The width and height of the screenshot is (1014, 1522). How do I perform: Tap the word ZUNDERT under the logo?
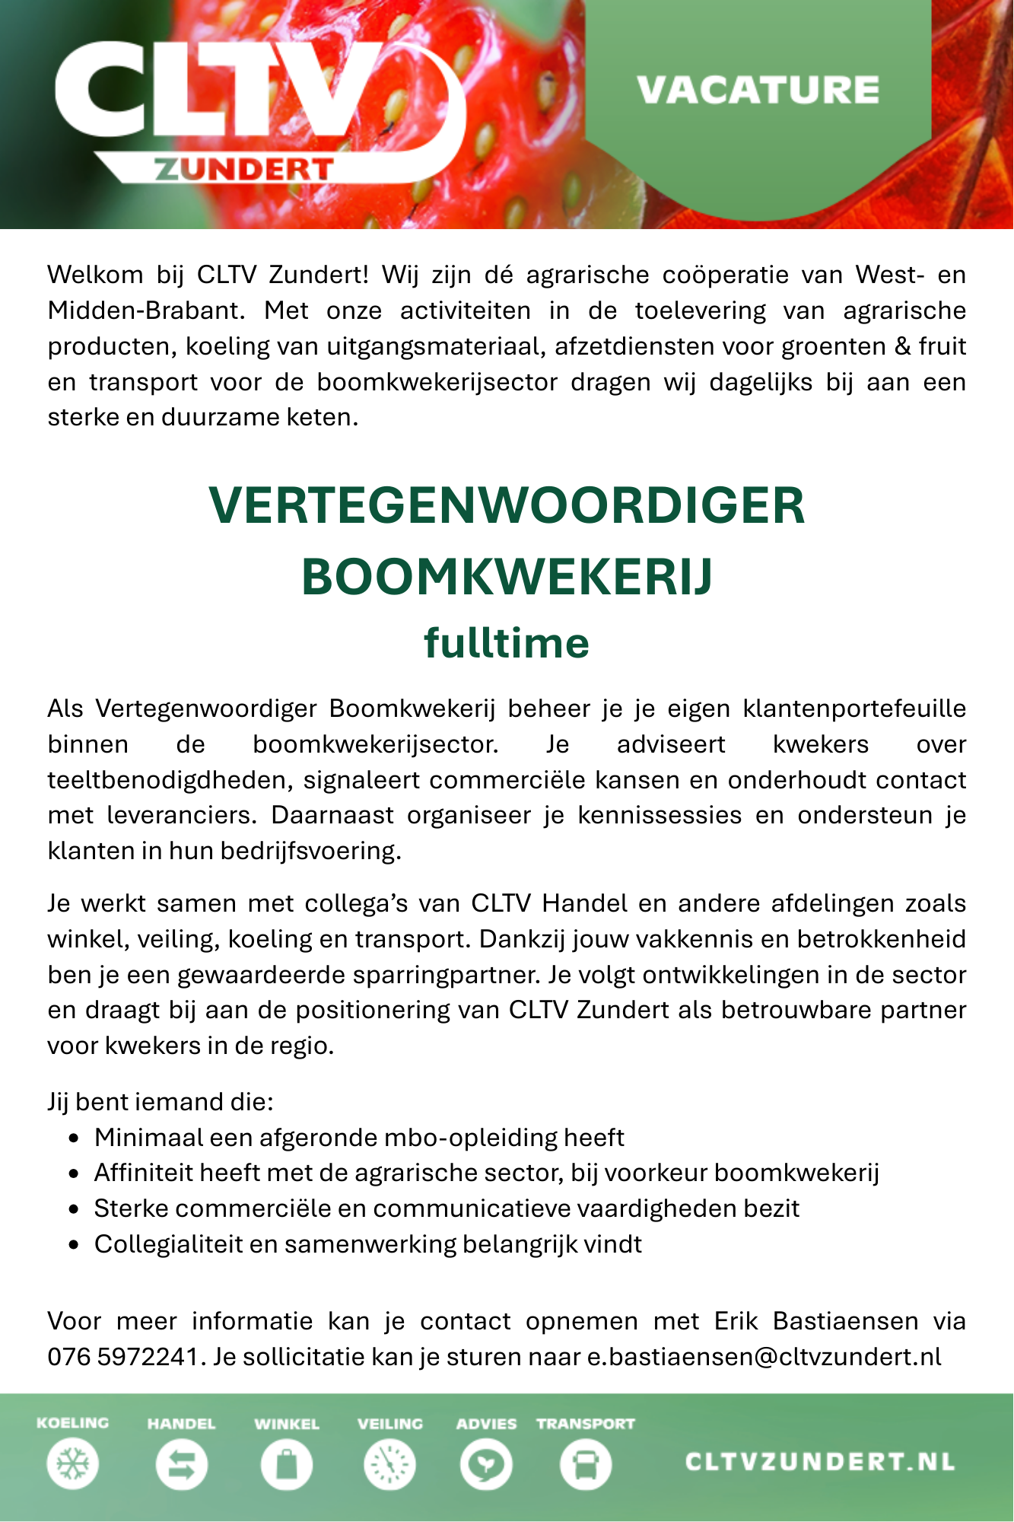pyautogui.click(x=243, y=169)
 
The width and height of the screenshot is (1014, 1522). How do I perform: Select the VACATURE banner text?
pyautogui.click(x=758, y=90)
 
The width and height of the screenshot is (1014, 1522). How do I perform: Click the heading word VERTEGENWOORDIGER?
pyautogui.click(x=507, y=506)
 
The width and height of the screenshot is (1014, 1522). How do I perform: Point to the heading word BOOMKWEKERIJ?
pyautogui.click(x=507, y=576)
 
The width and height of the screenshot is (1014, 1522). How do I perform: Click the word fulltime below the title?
pyautogui.click(x=507, y=643)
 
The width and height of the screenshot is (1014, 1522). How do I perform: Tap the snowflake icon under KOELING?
pyautogui.click(x=73, y=1463)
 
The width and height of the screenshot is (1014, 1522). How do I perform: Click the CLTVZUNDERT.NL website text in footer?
pyautogui.click(x=820, y=1462)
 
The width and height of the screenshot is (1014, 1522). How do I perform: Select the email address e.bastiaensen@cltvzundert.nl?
pyautogui.click(x=764, y=1357)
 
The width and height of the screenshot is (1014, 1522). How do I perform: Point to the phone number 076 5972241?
pyautogui.click(x=123, y=1357)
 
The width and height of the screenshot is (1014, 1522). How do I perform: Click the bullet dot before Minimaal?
pyautogui.click(x=73, y=1138)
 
